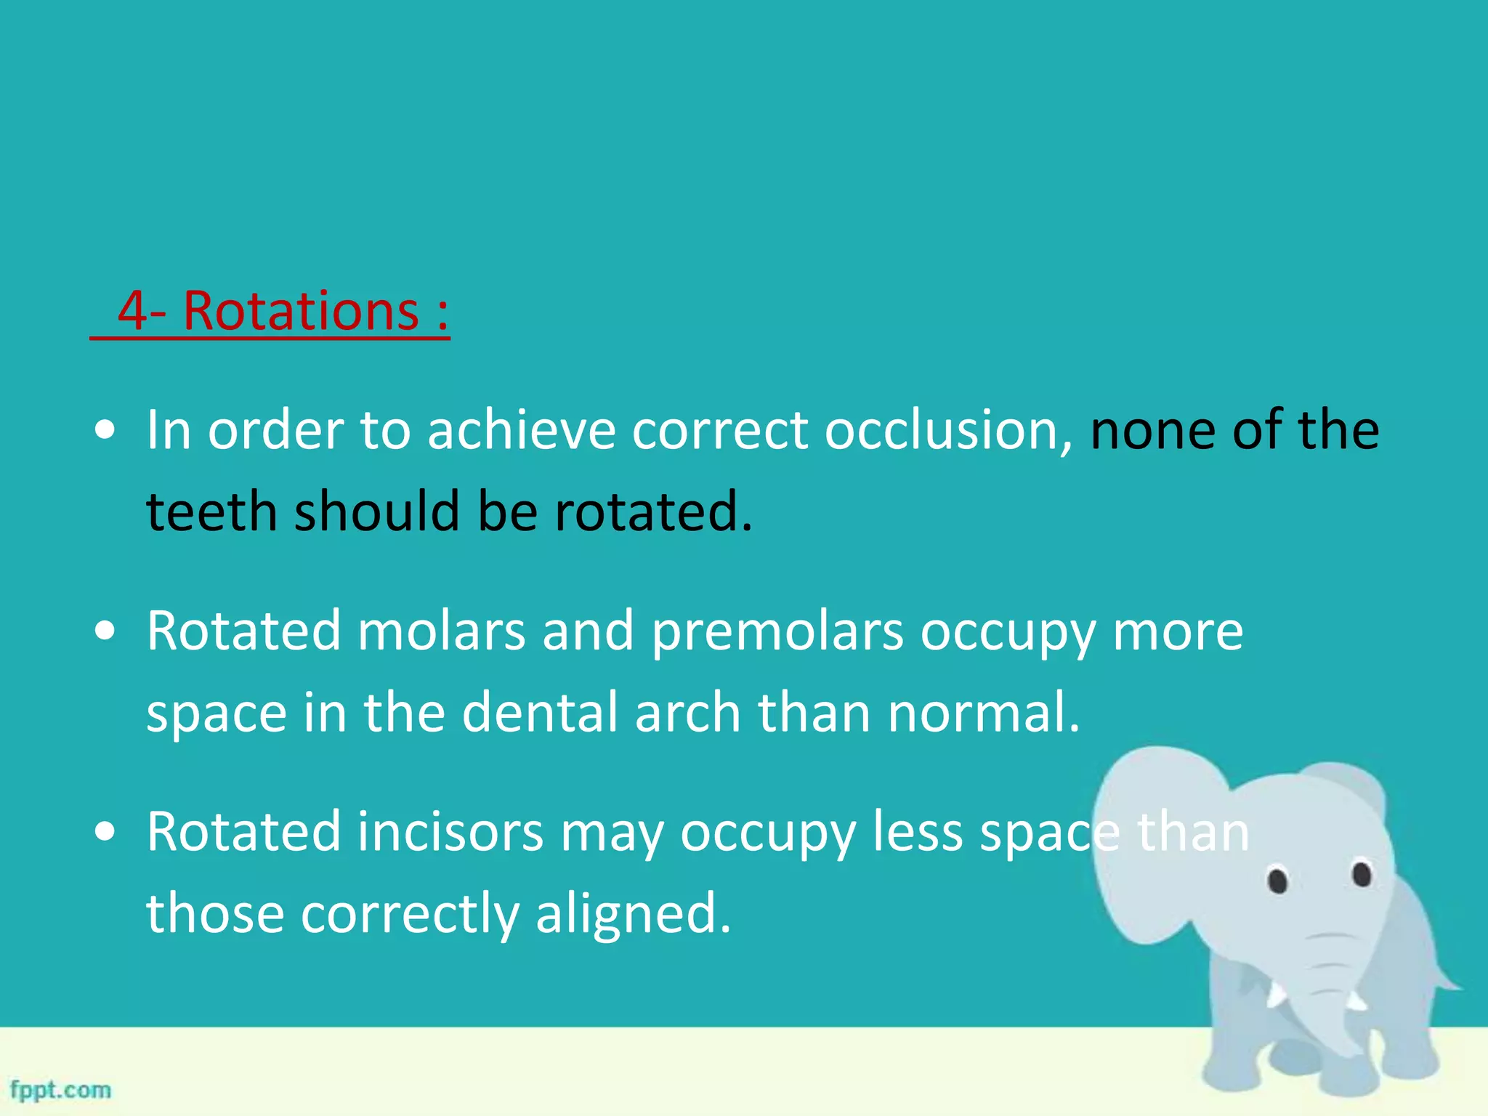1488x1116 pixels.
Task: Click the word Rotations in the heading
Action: [x=301, y=311]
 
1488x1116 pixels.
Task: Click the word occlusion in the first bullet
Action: [x=948, y=430]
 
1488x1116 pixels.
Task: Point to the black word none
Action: [x=1152, y=430]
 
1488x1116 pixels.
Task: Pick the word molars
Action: [x=441, y=631]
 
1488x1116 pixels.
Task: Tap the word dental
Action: [x=540, y=712]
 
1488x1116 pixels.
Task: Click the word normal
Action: [x=984, y=712]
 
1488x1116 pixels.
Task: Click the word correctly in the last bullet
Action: [x=410, y=914]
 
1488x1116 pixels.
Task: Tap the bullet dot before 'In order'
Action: [x=105, y=431]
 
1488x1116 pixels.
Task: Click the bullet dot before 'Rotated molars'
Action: [x=105, y=631]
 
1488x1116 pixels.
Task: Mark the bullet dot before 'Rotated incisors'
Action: [x=105, y=832]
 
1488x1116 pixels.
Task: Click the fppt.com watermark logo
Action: [x=61, y=1090]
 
